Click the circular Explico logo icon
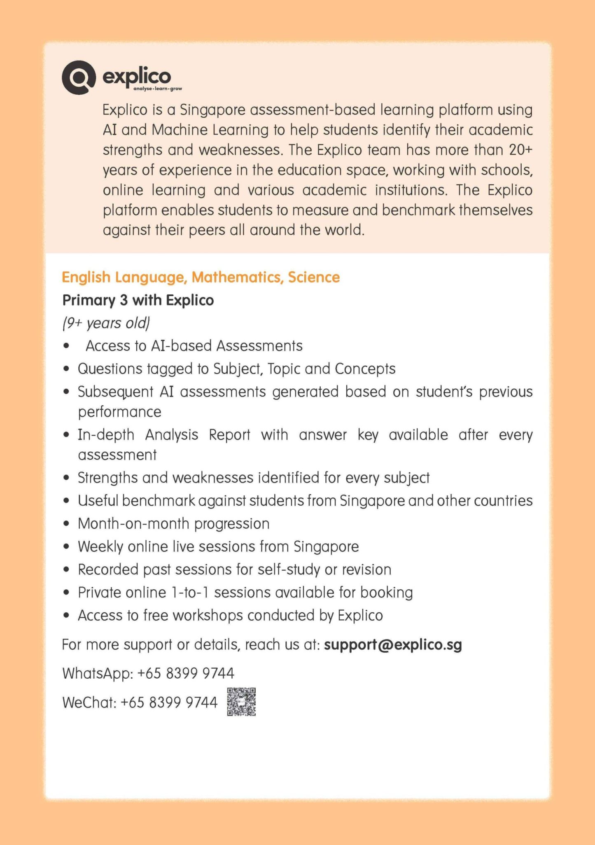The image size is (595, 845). coord(79,77)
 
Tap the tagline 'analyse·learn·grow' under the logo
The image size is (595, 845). coord(157,89)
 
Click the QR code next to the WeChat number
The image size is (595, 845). coord(241,702)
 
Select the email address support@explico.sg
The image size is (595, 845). coord(393,644)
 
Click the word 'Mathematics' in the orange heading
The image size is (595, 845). coord(238,277)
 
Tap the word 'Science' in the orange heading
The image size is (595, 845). coord(314,277)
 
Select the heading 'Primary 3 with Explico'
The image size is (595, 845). coord(138,300)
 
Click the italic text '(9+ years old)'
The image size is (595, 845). coord(106,323)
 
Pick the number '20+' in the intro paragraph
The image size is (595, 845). coord(520,149)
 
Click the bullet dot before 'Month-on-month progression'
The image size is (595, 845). coord(67,524)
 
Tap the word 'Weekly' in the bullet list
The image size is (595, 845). coord(100,546)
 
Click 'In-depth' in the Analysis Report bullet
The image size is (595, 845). coord(106,435)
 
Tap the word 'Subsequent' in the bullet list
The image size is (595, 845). coord(116,392)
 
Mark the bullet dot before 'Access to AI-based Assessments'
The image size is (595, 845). coord(67,346)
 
